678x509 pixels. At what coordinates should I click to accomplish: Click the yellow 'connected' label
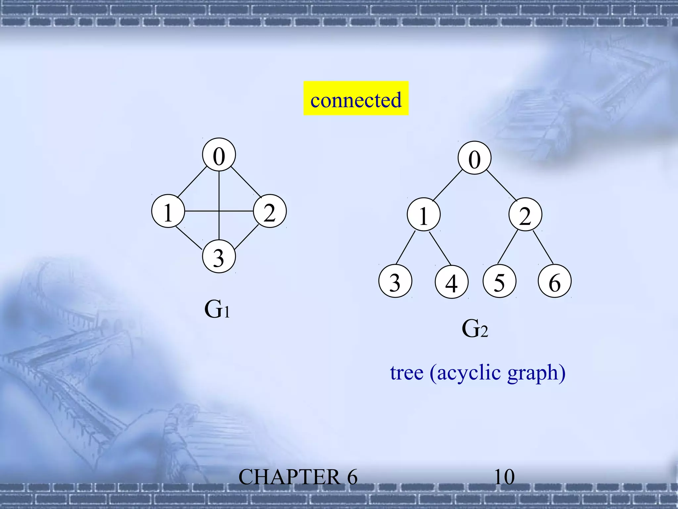(356, 98)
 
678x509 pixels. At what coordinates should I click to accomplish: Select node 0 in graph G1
(219, 155)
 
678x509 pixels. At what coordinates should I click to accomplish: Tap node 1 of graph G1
(168, 211)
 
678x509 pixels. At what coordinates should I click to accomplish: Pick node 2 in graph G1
(270, 211)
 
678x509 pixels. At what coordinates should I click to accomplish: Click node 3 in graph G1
(219, 256)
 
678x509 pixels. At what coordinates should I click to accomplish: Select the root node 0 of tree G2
(474, 158)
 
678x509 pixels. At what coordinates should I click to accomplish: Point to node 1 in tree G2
(424, 215)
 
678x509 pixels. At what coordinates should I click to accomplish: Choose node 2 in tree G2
(525, 215)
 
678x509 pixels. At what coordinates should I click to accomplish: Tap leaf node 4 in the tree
(452, 282)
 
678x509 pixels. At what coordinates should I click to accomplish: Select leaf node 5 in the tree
(500, 281)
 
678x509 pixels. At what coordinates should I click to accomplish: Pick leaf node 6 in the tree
(555, 281)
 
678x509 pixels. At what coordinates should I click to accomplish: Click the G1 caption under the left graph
(217, 309)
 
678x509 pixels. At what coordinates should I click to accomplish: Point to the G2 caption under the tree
(474, 329)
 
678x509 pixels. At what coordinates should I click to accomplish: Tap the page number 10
(504, 477)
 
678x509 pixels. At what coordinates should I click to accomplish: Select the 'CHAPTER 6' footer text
(298, 477)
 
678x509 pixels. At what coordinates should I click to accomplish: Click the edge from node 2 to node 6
(543, 247)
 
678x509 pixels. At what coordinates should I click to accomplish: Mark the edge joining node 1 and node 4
(440, 248)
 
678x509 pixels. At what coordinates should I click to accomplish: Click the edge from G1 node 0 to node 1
(192, 182)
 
